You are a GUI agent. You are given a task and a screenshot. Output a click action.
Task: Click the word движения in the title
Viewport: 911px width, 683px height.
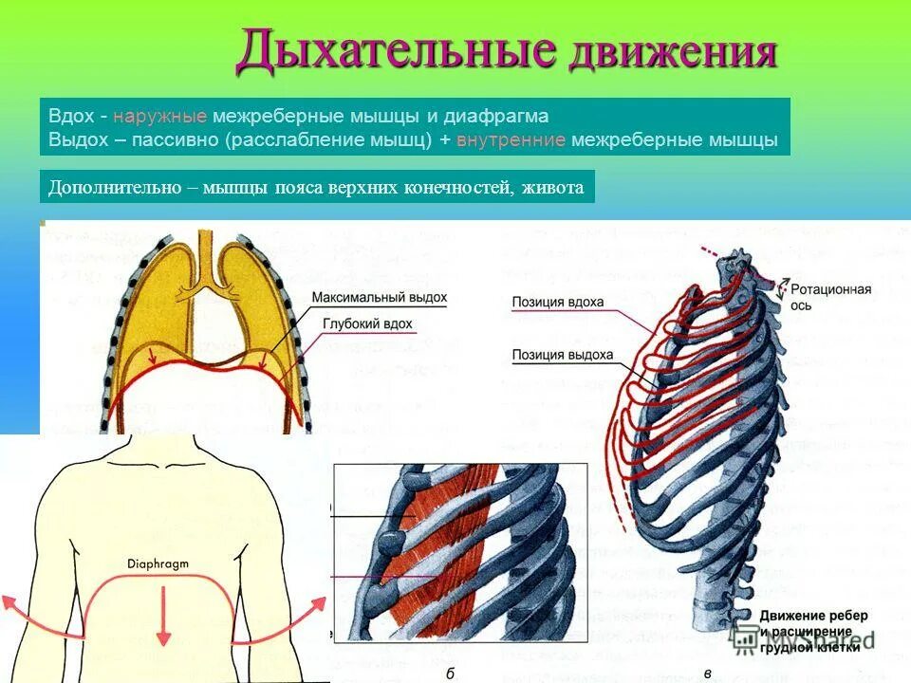click(x=673, y=53)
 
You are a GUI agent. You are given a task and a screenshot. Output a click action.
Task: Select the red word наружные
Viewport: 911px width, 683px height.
click(x=159, y=117)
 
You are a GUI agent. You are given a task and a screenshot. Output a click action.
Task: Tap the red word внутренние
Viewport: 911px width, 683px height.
click(x=511, y=139)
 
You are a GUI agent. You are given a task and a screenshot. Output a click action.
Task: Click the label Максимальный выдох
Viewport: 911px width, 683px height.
click(x=380, y=298)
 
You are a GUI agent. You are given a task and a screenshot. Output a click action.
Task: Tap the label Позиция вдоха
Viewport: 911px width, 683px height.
click(x=558, y=303)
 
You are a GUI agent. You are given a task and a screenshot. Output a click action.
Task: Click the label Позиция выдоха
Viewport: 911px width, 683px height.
click(x=562, y=356)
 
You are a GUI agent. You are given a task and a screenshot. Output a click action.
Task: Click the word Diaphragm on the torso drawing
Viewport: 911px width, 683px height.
click(x=158, y=563)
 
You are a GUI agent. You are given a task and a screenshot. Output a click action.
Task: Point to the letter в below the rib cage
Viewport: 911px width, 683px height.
click(x=708, y=672)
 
